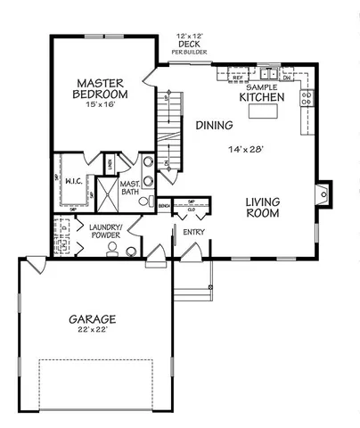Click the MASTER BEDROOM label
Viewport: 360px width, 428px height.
coord(100,86)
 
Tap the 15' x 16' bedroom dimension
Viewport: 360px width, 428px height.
coord(100,104)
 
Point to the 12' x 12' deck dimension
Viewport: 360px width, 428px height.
coord(187,33)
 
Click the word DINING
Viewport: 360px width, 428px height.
coord(215,126)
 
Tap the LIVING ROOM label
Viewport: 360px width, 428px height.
coord(263,208)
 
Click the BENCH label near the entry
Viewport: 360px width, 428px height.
coord(164,206)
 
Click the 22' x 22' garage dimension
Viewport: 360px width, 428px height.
coord(92,331)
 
